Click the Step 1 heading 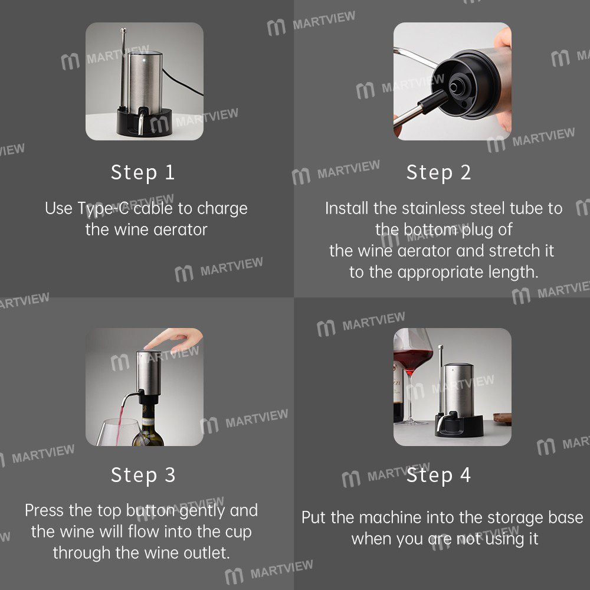[x=143, y=172]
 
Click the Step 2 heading [x=438, y=172]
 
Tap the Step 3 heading [x=143, y=475]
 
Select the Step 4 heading [x=438, y=475]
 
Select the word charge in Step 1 [x=222, y=209]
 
